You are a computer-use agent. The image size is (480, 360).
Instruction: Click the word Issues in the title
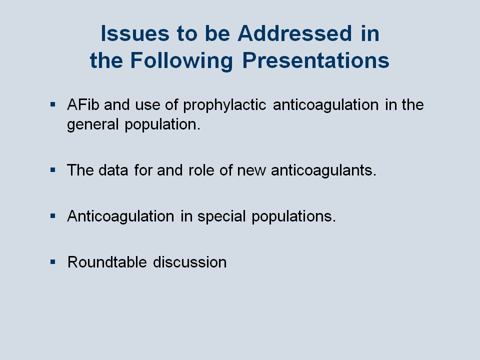coord(135,33)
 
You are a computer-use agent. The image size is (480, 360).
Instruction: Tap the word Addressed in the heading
coord(295,33)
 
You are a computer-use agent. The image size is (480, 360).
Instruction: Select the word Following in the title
coord(181,61)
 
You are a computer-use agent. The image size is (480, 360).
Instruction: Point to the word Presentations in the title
coord(316,60)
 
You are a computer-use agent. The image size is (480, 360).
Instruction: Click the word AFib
coord(83,104)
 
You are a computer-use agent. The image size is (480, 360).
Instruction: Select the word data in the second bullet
coord(113,170)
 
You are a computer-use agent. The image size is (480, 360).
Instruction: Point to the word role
coord(201,170)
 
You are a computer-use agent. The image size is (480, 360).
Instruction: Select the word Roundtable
coord(107,262)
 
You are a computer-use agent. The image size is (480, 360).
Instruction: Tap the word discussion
coord(190,262)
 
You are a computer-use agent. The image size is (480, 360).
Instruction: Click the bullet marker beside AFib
coord(53,104)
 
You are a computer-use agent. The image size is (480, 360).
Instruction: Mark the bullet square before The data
coord(53,170)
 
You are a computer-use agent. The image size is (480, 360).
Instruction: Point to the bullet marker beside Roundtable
coord(53,262)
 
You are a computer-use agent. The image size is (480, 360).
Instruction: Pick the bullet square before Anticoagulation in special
coord(53,216)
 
